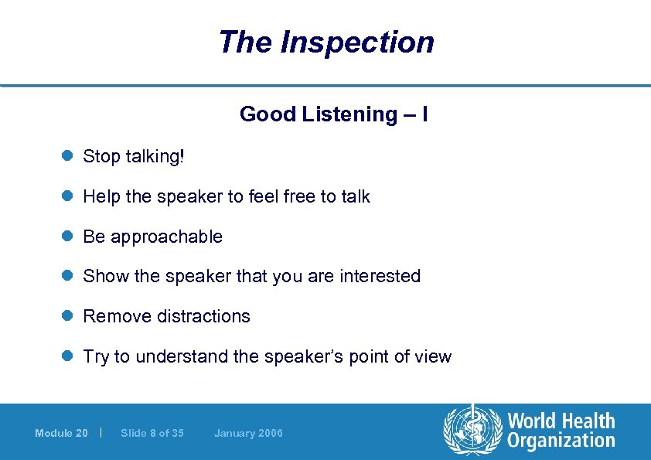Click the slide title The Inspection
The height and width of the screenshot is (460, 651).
(325, 42)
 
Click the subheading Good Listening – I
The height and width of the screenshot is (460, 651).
(334, 114)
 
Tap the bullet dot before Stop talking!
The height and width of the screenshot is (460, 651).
(66, 156)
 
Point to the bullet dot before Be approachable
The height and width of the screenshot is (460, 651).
(66, 237)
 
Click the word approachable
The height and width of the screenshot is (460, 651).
(166, 237)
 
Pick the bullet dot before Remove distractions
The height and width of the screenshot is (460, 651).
(66, 316)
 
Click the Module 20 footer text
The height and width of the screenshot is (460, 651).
(61, 433)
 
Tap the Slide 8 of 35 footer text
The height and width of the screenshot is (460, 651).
(152, 433)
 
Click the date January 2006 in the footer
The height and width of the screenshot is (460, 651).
(248, 433)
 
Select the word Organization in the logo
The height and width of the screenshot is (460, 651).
(561, 441)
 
